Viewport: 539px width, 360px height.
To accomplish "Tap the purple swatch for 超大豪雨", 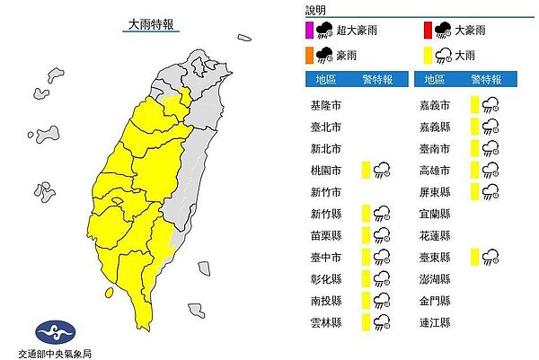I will [311, 30].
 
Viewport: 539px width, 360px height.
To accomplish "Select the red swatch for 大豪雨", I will [429, 30].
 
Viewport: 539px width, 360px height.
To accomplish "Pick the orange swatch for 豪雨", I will [311, 56].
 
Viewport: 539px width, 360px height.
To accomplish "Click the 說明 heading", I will [317, 10].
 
